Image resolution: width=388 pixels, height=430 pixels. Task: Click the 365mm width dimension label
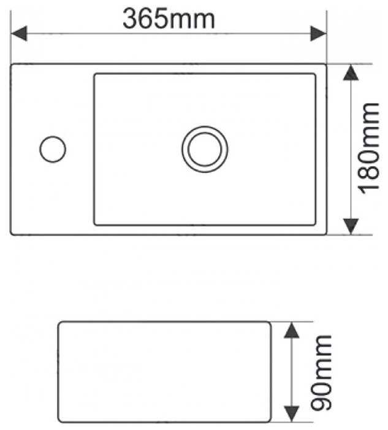pyautogui.click(x=169, y=18)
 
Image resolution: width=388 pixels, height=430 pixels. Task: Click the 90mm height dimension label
pyautogui.click(x=320, y=373)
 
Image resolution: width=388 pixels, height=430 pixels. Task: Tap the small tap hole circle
pyautogui.click(x=53, y=149)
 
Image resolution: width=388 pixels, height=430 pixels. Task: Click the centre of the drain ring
pyautogui.click(x=205, y=148)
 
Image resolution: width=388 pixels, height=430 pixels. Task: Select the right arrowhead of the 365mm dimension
pyautogui.click(x=318, y=33)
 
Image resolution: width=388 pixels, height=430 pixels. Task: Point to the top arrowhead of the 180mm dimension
pyautogui.click(x=351, y=74)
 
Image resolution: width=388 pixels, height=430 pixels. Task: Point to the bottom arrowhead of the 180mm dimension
pyautogui.click(x=351, y=225)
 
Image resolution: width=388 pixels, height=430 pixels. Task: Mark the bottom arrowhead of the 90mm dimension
pyautogui.click(x=292, y=413)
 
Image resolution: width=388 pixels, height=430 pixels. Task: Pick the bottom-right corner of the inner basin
pyautogui.click(x=316, y=224)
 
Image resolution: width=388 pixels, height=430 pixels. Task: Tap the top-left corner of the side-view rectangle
pyautogui.click(x=59, y=321)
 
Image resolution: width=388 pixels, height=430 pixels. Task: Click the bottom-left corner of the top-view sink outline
pyautogui.click(x=12, y=234)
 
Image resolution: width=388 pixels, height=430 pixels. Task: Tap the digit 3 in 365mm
pyautogui.click(x=131, y=18)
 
